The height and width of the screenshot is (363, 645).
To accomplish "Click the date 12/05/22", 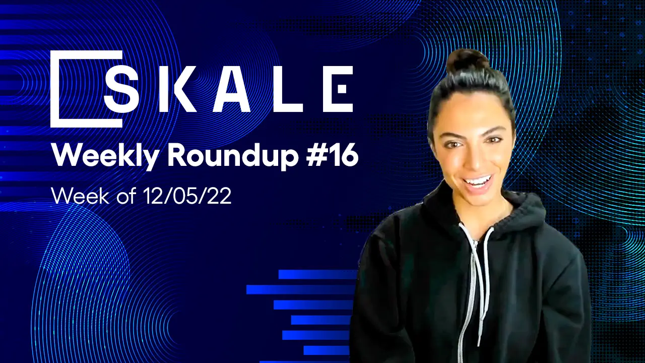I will [195, 196].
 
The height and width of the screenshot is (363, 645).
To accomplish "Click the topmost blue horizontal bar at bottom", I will [317, 274].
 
